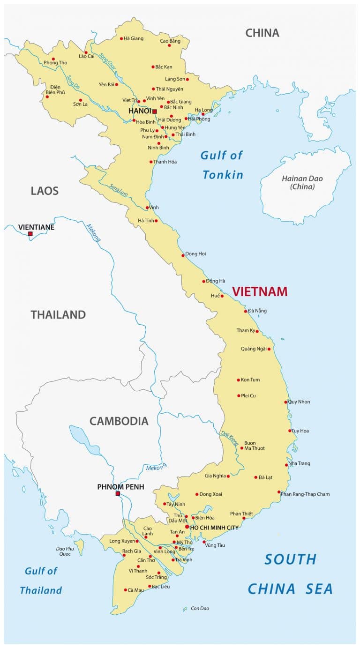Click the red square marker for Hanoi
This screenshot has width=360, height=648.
(154, 112)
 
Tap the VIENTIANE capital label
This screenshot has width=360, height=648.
(36, 227)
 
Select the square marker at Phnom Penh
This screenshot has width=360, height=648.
(118, 493)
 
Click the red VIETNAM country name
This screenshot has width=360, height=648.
(260, 291)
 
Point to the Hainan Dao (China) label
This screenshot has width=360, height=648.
(302, 182)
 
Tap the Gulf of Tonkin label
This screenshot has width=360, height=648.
(222, 165)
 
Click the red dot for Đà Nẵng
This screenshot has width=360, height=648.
(246, 311)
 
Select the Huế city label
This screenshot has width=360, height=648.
(215, 296)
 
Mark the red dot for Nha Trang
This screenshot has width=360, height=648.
(286, 465)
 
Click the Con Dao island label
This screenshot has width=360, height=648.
(200, 608)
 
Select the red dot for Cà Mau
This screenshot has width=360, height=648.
(126, 590)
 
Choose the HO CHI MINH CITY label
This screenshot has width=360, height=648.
(214, 528)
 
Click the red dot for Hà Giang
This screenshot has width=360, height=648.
(121, 38)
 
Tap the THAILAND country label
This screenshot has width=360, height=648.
(58, 315)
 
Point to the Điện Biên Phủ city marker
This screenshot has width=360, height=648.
(47, 97)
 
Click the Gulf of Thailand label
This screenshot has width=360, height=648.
(41, 581)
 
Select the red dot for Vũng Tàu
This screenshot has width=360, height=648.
(204, 542)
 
